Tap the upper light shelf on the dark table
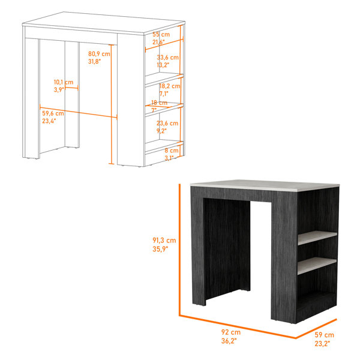click(317, 238)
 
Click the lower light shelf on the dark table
click(317, 266)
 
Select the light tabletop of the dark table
click(265, 185)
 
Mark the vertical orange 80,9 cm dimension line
click(112, 104)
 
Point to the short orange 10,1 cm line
click(71, 88)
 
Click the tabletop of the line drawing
click(104, 23)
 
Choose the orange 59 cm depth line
click(316, 329)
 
